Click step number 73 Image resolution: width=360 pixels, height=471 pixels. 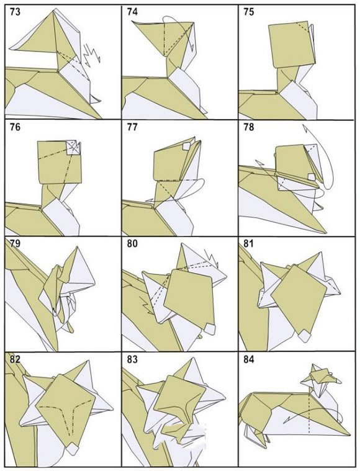coord(16,12)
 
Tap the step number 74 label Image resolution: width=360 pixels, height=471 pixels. coord(132,12)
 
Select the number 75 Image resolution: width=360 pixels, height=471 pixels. coord(248,12)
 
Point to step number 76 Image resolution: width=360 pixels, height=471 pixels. coord(16,127)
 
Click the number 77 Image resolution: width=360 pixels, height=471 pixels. coord(132,127)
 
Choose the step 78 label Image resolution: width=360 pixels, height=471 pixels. coord(248,127)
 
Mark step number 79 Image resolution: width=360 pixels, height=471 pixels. coord(16,243)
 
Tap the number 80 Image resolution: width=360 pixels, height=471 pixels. coord(132,243)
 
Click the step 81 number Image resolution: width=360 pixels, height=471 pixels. coord(248,243)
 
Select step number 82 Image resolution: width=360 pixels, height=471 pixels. coord(16,359)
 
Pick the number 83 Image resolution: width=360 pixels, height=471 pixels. coord(132,359)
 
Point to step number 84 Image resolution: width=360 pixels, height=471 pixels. coord(248,359)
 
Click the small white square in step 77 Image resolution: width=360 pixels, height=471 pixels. coord(187,146)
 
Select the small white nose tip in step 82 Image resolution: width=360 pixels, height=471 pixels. coord(72,449)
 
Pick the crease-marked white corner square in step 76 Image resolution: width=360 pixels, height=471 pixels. coord(73,148)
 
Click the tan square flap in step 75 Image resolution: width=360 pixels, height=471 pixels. coord(292,45)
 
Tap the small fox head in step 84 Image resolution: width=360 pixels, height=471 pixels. coord(320,376)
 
